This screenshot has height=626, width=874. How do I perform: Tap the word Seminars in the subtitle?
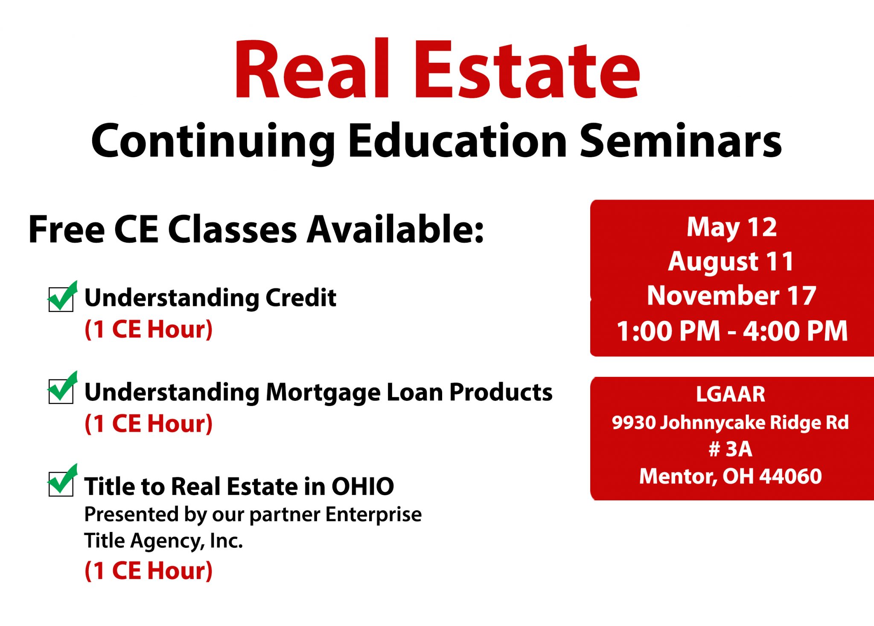(681, 141)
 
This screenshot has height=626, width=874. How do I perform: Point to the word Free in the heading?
(67, 229)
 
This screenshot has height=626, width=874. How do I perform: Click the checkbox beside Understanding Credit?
(61, 299)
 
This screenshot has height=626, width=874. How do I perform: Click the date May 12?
(731, 228)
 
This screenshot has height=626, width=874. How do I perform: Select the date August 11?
(731, 262)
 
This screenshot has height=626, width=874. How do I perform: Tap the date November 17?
(731, 296)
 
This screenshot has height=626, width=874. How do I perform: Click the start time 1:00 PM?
(668, 331)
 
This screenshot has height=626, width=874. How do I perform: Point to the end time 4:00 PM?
(795, 331)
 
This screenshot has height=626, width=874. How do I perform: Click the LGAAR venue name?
(731, 394)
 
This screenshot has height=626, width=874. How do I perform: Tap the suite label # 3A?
(730, 449)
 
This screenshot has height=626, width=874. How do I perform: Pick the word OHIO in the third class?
(363, 486)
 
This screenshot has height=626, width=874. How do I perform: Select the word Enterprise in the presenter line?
(373, 515)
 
